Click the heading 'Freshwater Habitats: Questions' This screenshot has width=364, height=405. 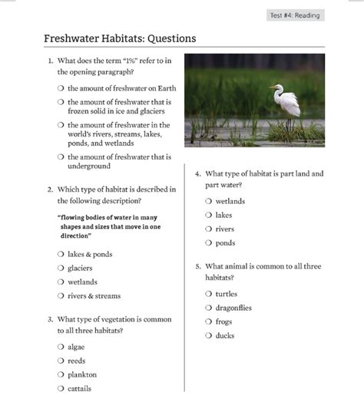120,38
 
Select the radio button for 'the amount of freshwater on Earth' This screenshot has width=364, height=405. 61,88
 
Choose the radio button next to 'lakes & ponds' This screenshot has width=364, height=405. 61,254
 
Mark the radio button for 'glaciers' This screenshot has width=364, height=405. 61,268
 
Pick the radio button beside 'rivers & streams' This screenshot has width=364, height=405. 61,295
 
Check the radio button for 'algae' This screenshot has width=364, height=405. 61,347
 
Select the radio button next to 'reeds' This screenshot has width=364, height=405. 61,361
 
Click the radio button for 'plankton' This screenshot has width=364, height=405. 61,374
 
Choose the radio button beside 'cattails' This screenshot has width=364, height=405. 61,388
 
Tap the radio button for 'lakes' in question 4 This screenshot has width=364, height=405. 209,215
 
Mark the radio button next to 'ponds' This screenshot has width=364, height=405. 209,242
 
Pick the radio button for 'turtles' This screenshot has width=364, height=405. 209,294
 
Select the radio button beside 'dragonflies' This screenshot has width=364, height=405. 209,308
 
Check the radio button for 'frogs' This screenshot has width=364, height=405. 209,321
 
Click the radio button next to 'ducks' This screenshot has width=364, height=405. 209,335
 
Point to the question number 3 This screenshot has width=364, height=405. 50,319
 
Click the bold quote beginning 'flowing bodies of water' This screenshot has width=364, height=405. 108,226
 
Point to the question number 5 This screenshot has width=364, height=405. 197,266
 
